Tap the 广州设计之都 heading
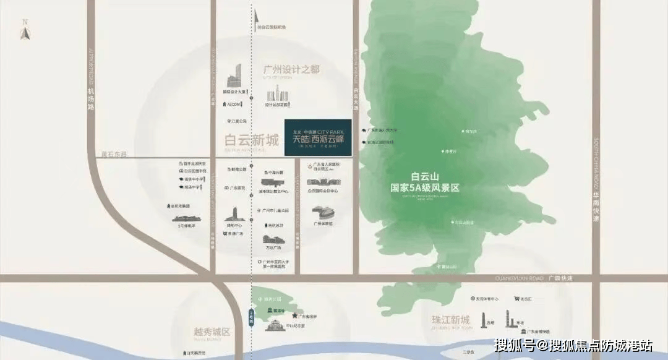(291, 69)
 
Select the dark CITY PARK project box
(318, 137)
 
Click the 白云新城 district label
(252, 140)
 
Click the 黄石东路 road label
(116, 153)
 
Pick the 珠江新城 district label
(451, 320)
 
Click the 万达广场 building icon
(273, 239)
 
